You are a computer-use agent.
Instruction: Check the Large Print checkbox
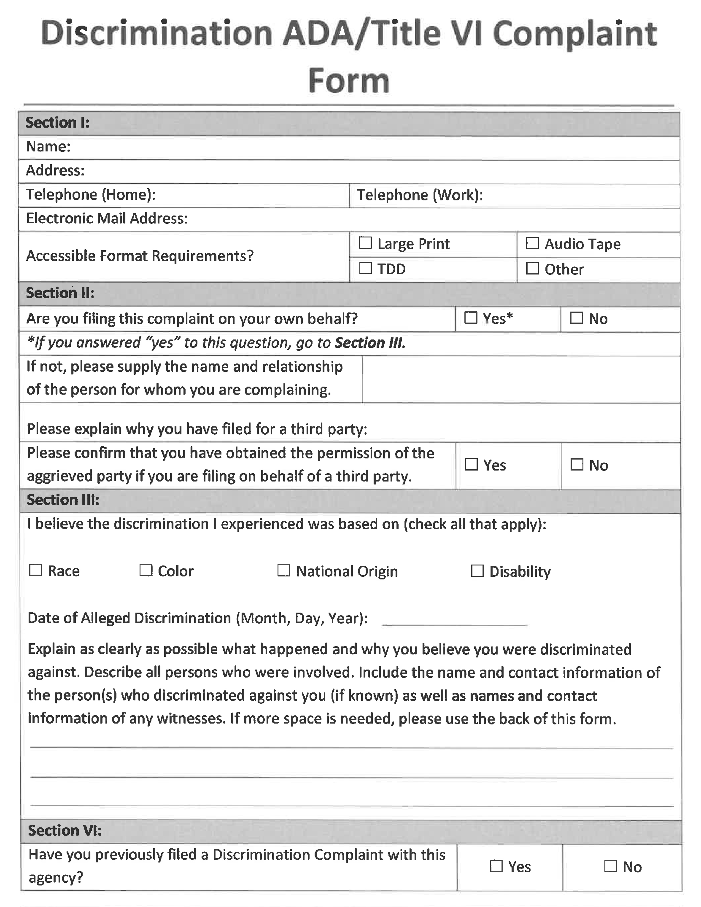[365, 243]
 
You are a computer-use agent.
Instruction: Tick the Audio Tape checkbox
[532, 243]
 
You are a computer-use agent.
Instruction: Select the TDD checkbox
[365, 268]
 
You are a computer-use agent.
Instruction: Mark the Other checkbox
[532, 268]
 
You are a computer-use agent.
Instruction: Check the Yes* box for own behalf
[471, 318]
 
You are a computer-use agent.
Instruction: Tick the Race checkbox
[36, 570]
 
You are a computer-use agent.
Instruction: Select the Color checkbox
[146, 570]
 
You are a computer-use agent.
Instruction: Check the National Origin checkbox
[284, 570]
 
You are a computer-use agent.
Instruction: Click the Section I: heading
[57, 123]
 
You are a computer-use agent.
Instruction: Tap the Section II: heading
[60, 293]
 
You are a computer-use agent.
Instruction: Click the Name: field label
[48, 146]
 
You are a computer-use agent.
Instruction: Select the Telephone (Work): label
[420, 195]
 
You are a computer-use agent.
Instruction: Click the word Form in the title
[349, 80]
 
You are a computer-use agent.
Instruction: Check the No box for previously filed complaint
[610, 866]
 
